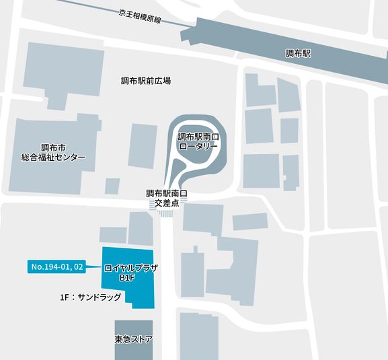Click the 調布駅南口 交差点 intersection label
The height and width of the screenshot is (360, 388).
click(166, 197)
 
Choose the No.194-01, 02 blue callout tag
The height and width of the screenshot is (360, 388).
click(57, 267)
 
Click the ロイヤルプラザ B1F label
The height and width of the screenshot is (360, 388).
click(130, 272)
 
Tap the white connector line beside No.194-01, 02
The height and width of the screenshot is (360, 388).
click(94, 267)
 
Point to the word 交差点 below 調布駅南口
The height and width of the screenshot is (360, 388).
click(166, 202)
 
